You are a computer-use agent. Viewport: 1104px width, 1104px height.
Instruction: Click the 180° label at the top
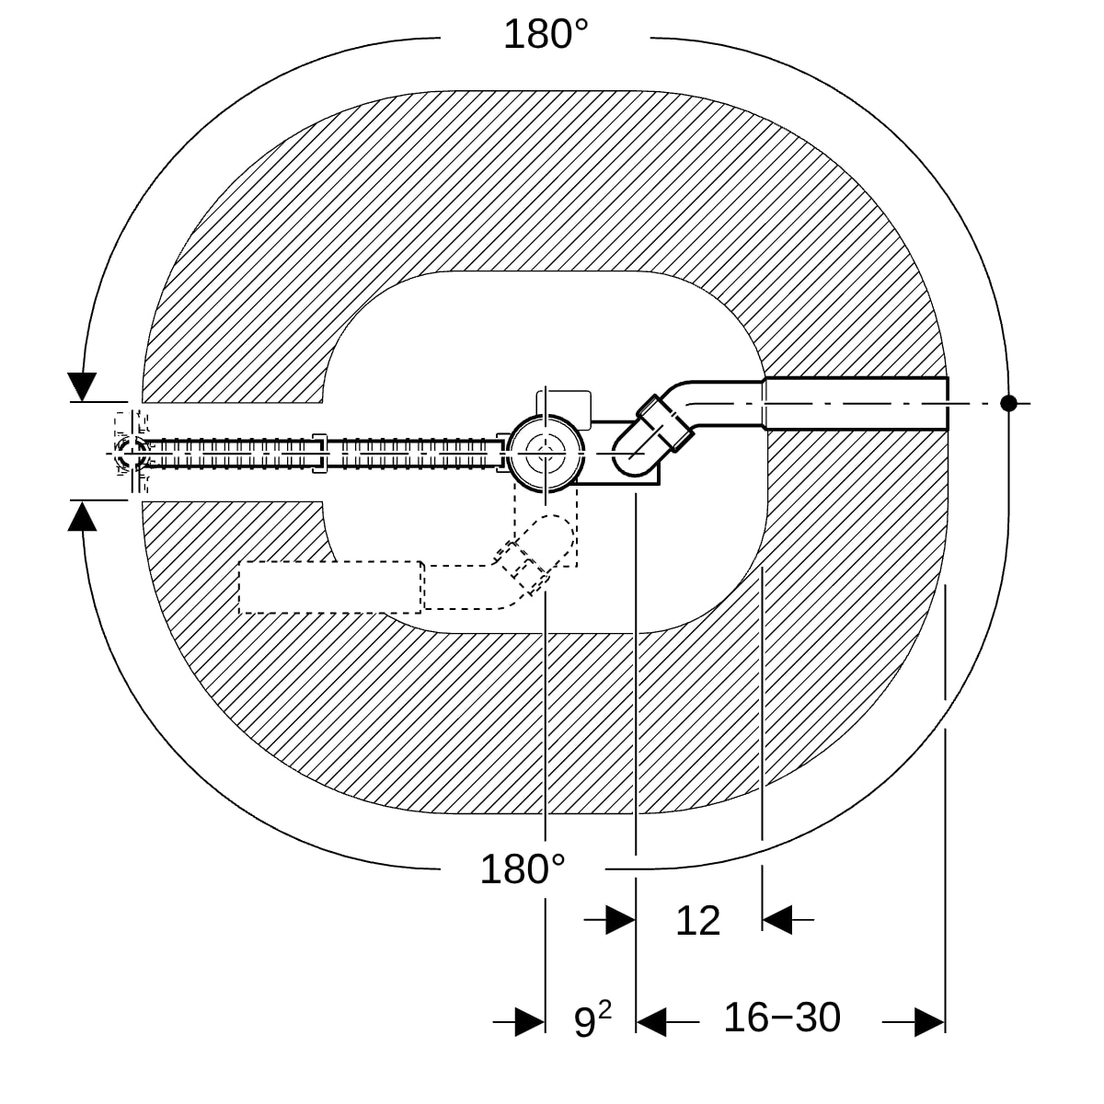(546, 34)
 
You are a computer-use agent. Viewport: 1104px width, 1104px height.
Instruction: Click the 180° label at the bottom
(522, 869)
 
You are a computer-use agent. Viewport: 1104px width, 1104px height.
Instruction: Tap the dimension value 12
(697, 921)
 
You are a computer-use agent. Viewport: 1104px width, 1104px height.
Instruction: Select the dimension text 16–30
(782, 1018)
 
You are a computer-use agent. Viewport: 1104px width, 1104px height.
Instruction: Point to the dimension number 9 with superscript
(592, 1019)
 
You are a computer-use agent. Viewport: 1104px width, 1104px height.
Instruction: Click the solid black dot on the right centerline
(1008, 403)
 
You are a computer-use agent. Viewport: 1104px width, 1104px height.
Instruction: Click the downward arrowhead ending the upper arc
(82, 386)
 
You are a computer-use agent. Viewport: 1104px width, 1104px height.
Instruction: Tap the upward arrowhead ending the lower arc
(83, 515)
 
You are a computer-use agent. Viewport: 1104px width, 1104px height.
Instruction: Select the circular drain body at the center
(546, 454)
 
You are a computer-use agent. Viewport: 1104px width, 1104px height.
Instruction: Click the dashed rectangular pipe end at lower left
(331, 587)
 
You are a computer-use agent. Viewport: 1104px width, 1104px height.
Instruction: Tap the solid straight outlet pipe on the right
(856, 403)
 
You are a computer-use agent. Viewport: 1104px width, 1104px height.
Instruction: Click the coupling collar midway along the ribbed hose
(319, 454)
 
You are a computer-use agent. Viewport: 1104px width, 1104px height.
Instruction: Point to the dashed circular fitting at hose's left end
(132, 453)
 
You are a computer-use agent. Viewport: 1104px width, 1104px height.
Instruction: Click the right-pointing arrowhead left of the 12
(620, 920)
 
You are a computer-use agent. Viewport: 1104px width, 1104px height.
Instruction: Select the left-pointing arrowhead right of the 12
(777, 920)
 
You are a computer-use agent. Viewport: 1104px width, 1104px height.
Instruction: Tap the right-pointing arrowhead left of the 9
(530, 1022)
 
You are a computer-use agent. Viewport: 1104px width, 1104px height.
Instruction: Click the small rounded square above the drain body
(564, 409)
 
